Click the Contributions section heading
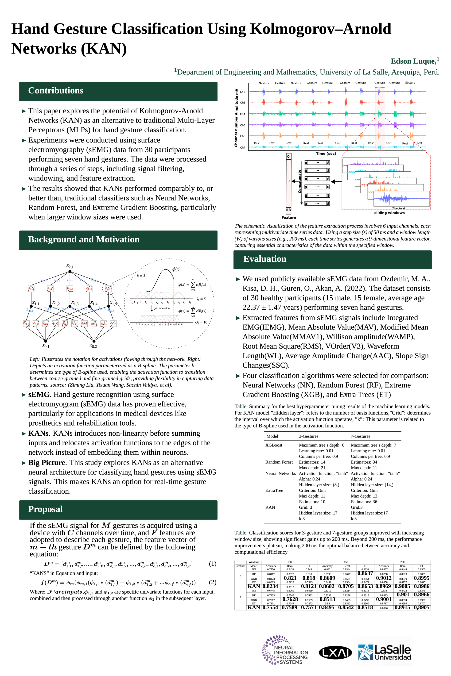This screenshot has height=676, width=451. (56, 91)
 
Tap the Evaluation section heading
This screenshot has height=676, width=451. (265, 259)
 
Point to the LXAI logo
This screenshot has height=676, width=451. (335, 653)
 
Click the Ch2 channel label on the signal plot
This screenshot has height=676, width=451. (242, 92)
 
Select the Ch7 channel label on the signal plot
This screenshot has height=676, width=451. (242, 147)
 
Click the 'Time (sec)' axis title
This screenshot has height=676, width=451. (326, 154)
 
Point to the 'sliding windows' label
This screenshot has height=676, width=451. (389, 213)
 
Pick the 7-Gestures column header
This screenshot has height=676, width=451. (360, 436)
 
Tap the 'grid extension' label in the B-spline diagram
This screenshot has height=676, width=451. (161, 308)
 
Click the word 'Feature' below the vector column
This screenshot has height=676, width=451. (288, 218)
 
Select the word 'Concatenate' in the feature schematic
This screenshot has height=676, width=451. (299, 181)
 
